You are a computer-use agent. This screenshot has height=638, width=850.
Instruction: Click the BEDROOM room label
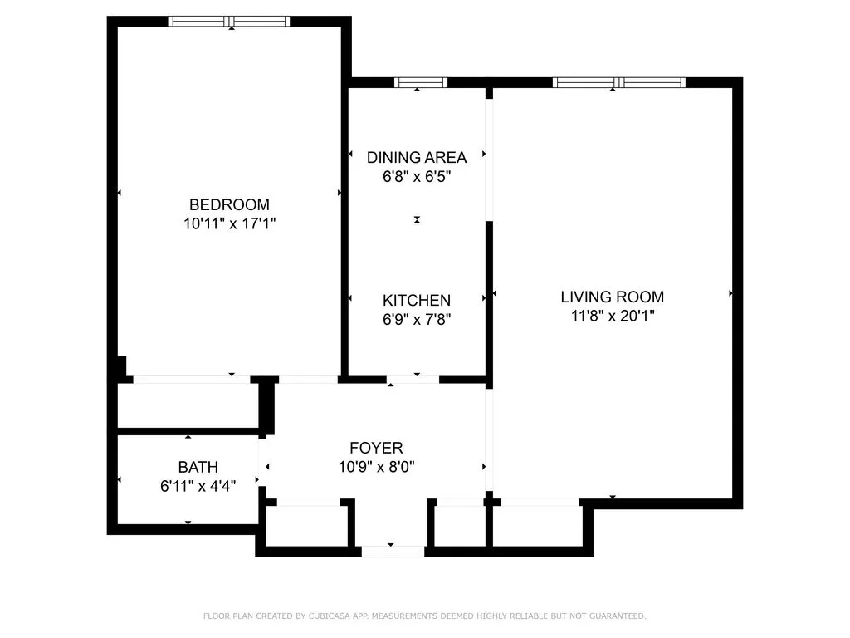tap(229, 204)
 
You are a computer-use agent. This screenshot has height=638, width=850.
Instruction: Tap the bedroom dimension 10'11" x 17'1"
tap(229, 223)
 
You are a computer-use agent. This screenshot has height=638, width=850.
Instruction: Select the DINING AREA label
tap(417, 157)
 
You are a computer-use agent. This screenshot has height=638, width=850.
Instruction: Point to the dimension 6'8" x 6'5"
tap(417, 176)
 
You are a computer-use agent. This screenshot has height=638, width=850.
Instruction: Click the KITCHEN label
tap(417, 300)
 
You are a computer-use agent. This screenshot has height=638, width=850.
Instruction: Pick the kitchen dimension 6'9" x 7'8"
tap(417, 319)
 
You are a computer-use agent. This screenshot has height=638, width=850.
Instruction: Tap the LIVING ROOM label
tap(613, 297)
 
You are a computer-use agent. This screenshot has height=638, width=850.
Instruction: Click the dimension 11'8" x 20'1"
tap(613, 316)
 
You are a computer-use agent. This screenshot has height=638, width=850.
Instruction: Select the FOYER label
tap(376, 448)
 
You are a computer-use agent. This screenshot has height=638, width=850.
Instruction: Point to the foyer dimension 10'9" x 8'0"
tap(376, 467)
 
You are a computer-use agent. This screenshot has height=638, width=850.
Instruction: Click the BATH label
tap(198, 468)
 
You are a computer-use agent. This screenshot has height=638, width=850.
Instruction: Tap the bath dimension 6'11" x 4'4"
tap(198, 487)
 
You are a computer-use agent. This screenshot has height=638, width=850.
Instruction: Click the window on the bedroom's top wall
tap(229, 22)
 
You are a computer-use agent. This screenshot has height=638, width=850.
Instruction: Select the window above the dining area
tap(420, 82)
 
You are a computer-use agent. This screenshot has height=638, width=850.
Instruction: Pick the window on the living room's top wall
tap(619, 82)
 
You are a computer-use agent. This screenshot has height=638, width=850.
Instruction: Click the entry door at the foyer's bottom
tap(392, 551)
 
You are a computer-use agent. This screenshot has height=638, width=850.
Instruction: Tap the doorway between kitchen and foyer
tap(413, 380)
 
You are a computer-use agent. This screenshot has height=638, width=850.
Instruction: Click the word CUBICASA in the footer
tap(324, 616)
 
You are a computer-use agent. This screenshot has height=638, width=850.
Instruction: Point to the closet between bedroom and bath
tap(188, 406)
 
